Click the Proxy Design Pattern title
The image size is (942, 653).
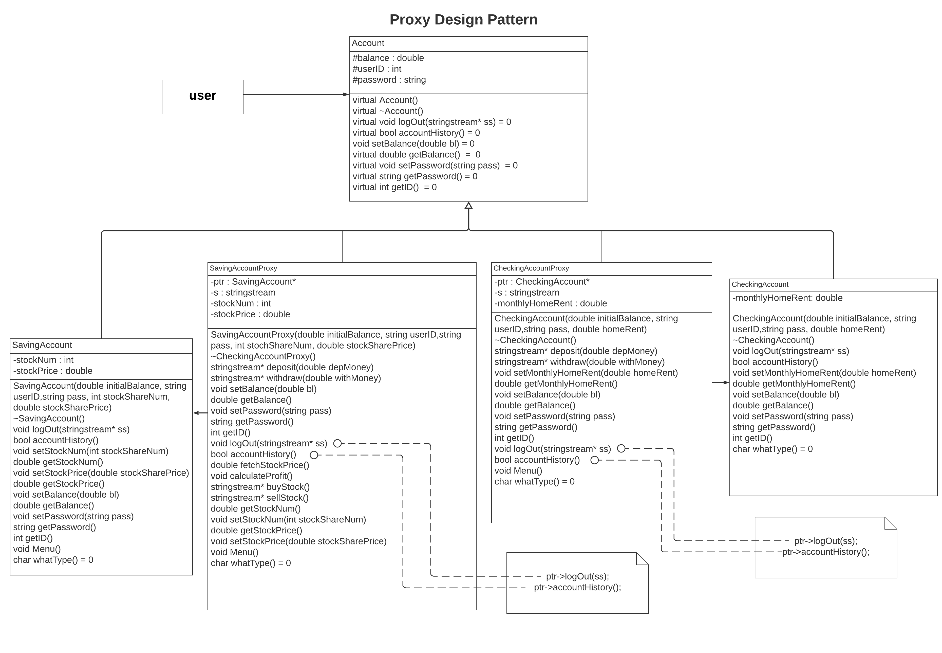point(463,20)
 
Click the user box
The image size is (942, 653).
point(202,97)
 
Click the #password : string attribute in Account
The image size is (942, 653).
point(389,80)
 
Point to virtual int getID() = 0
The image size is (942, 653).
point(394,187)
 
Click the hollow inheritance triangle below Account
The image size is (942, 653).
point(468,205)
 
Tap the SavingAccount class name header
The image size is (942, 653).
point(42,345)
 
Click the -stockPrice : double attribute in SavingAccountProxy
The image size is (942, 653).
point(250,314)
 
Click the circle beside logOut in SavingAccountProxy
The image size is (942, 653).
point(337,443)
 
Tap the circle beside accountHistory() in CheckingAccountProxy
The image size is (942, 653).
point(594,460)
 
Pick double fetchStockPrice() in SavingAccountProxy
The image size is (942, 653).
point(260,465)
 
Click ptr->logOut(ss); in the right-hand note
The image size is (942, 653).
point(825,541)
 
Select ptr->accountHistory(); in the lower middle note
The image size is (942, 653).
point(577,588)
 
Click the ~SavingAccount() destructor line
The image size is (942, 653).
point(49,419)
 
